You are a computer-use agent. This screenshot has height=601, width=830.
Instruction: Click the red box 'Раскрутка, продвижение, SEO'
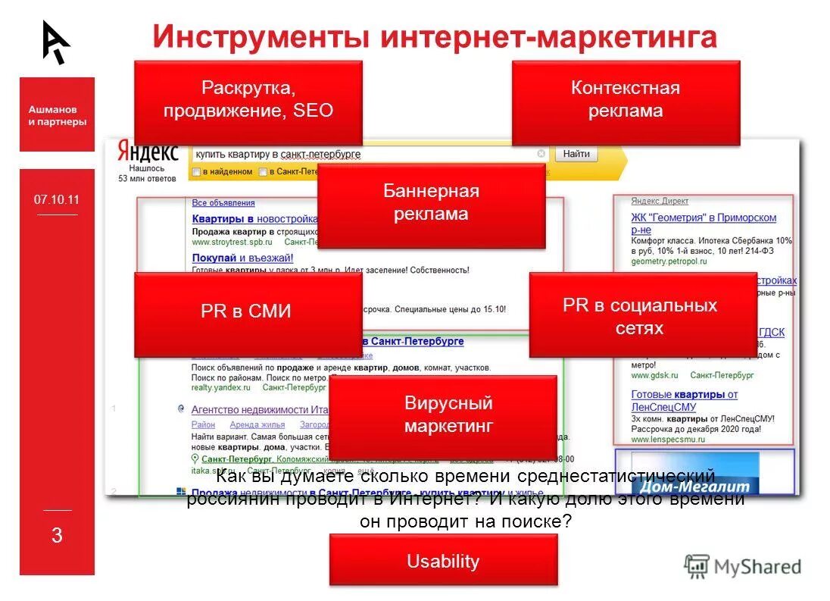coord(248,102)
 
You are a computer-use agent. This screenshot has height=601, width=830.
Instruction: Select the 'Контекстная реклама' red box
coord(625,102)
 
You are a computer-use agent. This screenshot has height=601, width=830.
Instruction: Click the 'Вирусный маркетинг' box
coord(443,416)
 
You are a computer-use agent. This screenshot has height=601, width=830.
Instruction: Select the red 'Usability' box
coord(443,560)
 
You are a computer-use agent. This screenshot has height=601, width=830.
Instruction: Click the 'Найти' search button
coord(576,154)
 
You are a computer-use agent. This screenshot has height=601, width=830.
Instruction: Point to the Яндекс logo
coord(148,152)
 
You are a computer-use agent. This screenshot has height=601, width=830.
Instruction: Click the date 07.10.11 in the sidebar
coord(56,200)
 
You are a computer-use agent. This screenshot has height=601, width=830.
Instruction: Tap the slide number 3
coord(57,536)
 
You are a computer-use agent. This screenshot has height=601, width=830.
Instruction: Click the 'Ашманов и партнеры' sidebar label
coord(57,115)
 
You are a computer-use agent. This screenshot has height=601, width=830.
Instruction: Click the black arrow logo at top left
coord(55,42)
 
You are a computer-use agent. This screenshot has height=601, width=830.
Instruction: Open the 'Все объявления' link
coord(223,203)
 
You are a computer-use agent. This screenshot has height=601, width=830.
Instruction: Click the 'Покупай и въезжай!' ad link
coord(232,258)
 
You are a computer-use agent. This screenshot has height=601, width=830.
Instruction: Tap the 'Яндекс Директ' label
coord(660,202)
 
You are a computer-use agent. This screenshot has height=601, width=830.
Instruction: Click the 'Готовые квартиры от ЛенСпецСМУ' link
coord(684,400)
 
